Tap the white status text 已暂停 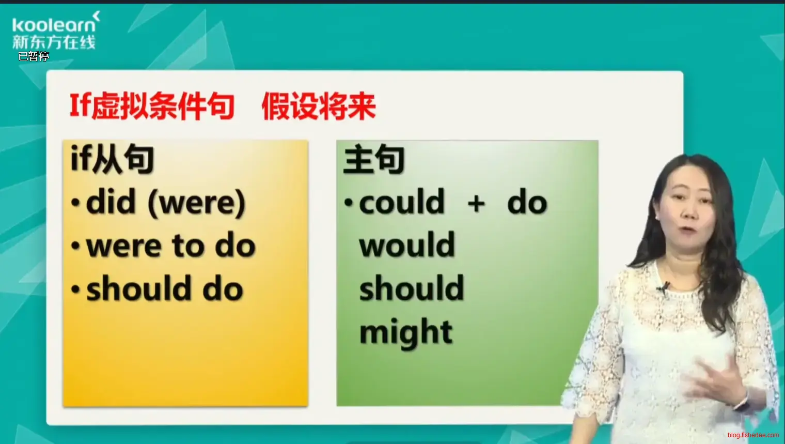[x=34, y=56]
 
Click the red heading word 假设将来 [x=319, y=106]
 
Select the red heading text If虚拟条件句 [x=152, y=106]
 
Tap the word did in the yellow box [x=111, y=201]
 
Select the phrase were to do [x=170, y=246]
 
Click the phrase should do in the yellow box [x=165, y=288]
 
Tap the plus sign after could [x=476, y=204]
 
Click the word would [x=407, y=244]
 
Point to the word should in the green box [x=412, y=287]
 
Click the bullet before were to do [x=75, y=246]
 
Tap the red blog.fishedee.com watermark [x=753, y=435]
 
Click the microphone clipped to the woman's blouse [x=663, y=288]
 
